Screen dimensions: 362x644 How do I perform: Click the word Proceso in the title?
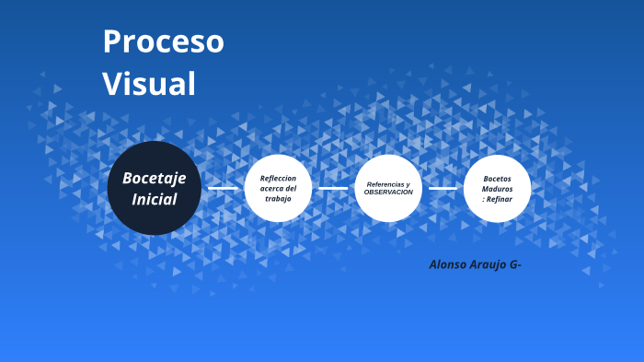click(x=163, y=41)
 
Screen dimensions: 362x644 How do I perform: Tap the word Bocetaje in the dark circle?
click(x=154, y=178)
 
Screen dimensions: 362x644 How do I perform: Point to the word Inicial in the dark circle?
click(x=154, y=199)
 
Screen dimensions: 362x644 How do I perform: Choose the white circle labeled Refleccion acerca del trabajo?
click(x=278, y=188)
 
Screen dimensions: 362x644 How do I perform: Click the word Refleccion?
click(x=278, y=178)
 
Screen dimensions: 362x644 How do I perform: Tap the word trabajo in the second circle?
click(x=278, y=199)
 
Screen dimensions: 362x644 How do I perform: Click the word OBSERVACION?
click(x=388, y=193)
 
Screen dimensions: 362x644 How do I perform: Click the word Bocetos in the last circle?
click(x=497, y=178)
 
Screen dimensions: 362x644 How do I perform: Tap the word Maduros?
click(x=497, y=188)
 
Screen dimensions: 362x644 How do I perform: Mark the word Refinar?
click(x=500, y=199)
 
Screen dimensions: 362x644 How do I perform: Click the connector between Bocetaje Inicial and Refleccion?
click(x=223, y=188)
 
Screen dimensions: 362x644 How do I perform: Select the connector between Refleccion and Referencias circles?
click(x=333, y=188)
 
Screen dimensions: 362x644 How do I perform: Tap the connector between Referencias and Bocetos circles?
click(x=443, y=188)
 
